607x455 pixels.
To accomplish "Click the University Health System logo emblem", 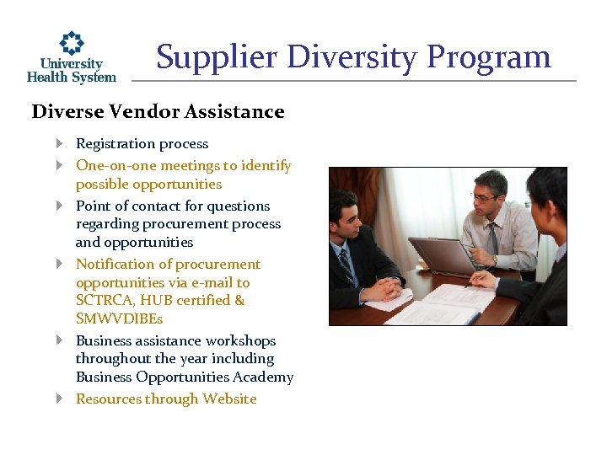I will [x=72, y=43].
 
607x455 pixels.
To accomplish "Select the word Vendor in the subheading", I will [x=143, y=112].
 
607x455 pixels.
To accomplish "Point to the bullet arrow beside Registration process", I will [x=60, y=144].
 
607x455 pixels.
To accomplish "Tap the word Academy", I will [x=267, y=377].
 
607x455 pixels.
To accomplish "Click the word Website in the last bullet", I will [x=229, y=399].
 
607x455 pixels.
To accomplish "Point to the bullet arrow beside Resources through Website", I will [x=60, y=399].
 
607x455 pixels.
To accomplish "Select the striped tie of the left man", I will [x=346, y=264].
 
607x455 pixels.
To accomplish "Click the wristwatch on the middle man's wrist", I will [x=494, y=260].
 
